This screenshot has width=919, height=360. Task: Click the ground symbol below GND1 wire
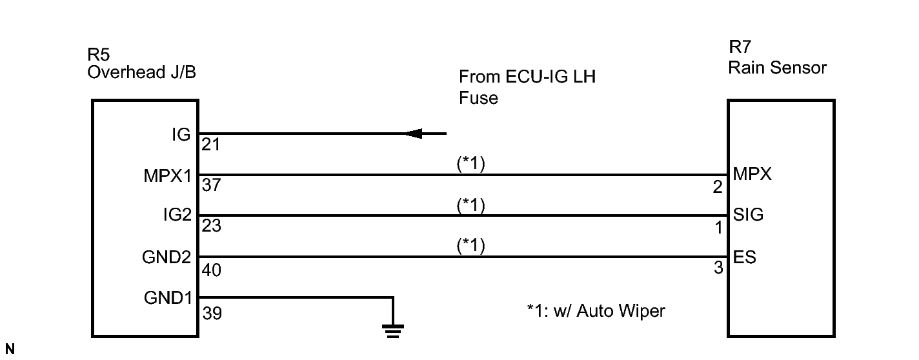coord(392,331)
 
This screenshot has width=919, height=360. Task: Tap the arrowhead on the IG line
coord(413,134)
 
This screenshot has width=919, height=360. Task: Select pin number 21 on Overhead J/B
coord(211,146)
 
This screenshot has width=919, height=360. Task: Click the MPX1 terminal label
coord(167,175)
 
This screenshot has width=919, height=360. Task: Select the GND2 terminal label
coord(167,257)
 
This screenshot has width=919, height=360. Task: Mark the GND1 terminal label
coord(167,299)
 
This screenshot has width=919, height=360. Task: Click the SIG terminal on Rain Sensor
coord(748,215)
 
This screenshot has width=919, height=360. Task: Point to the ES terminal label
coord(745,257)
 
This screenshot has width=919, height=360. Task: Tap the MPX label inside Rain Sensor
coord(752,174)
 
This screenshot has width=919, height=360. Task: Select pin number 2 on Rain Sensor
coord(718,188)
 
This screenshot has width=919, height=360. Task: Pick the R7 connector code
coord(740,47)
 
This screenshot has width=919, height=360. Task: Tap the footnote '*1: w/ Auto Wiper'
coord(596,312)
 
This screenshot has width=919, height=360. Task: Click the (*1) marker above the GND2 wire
coord(470,246)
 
